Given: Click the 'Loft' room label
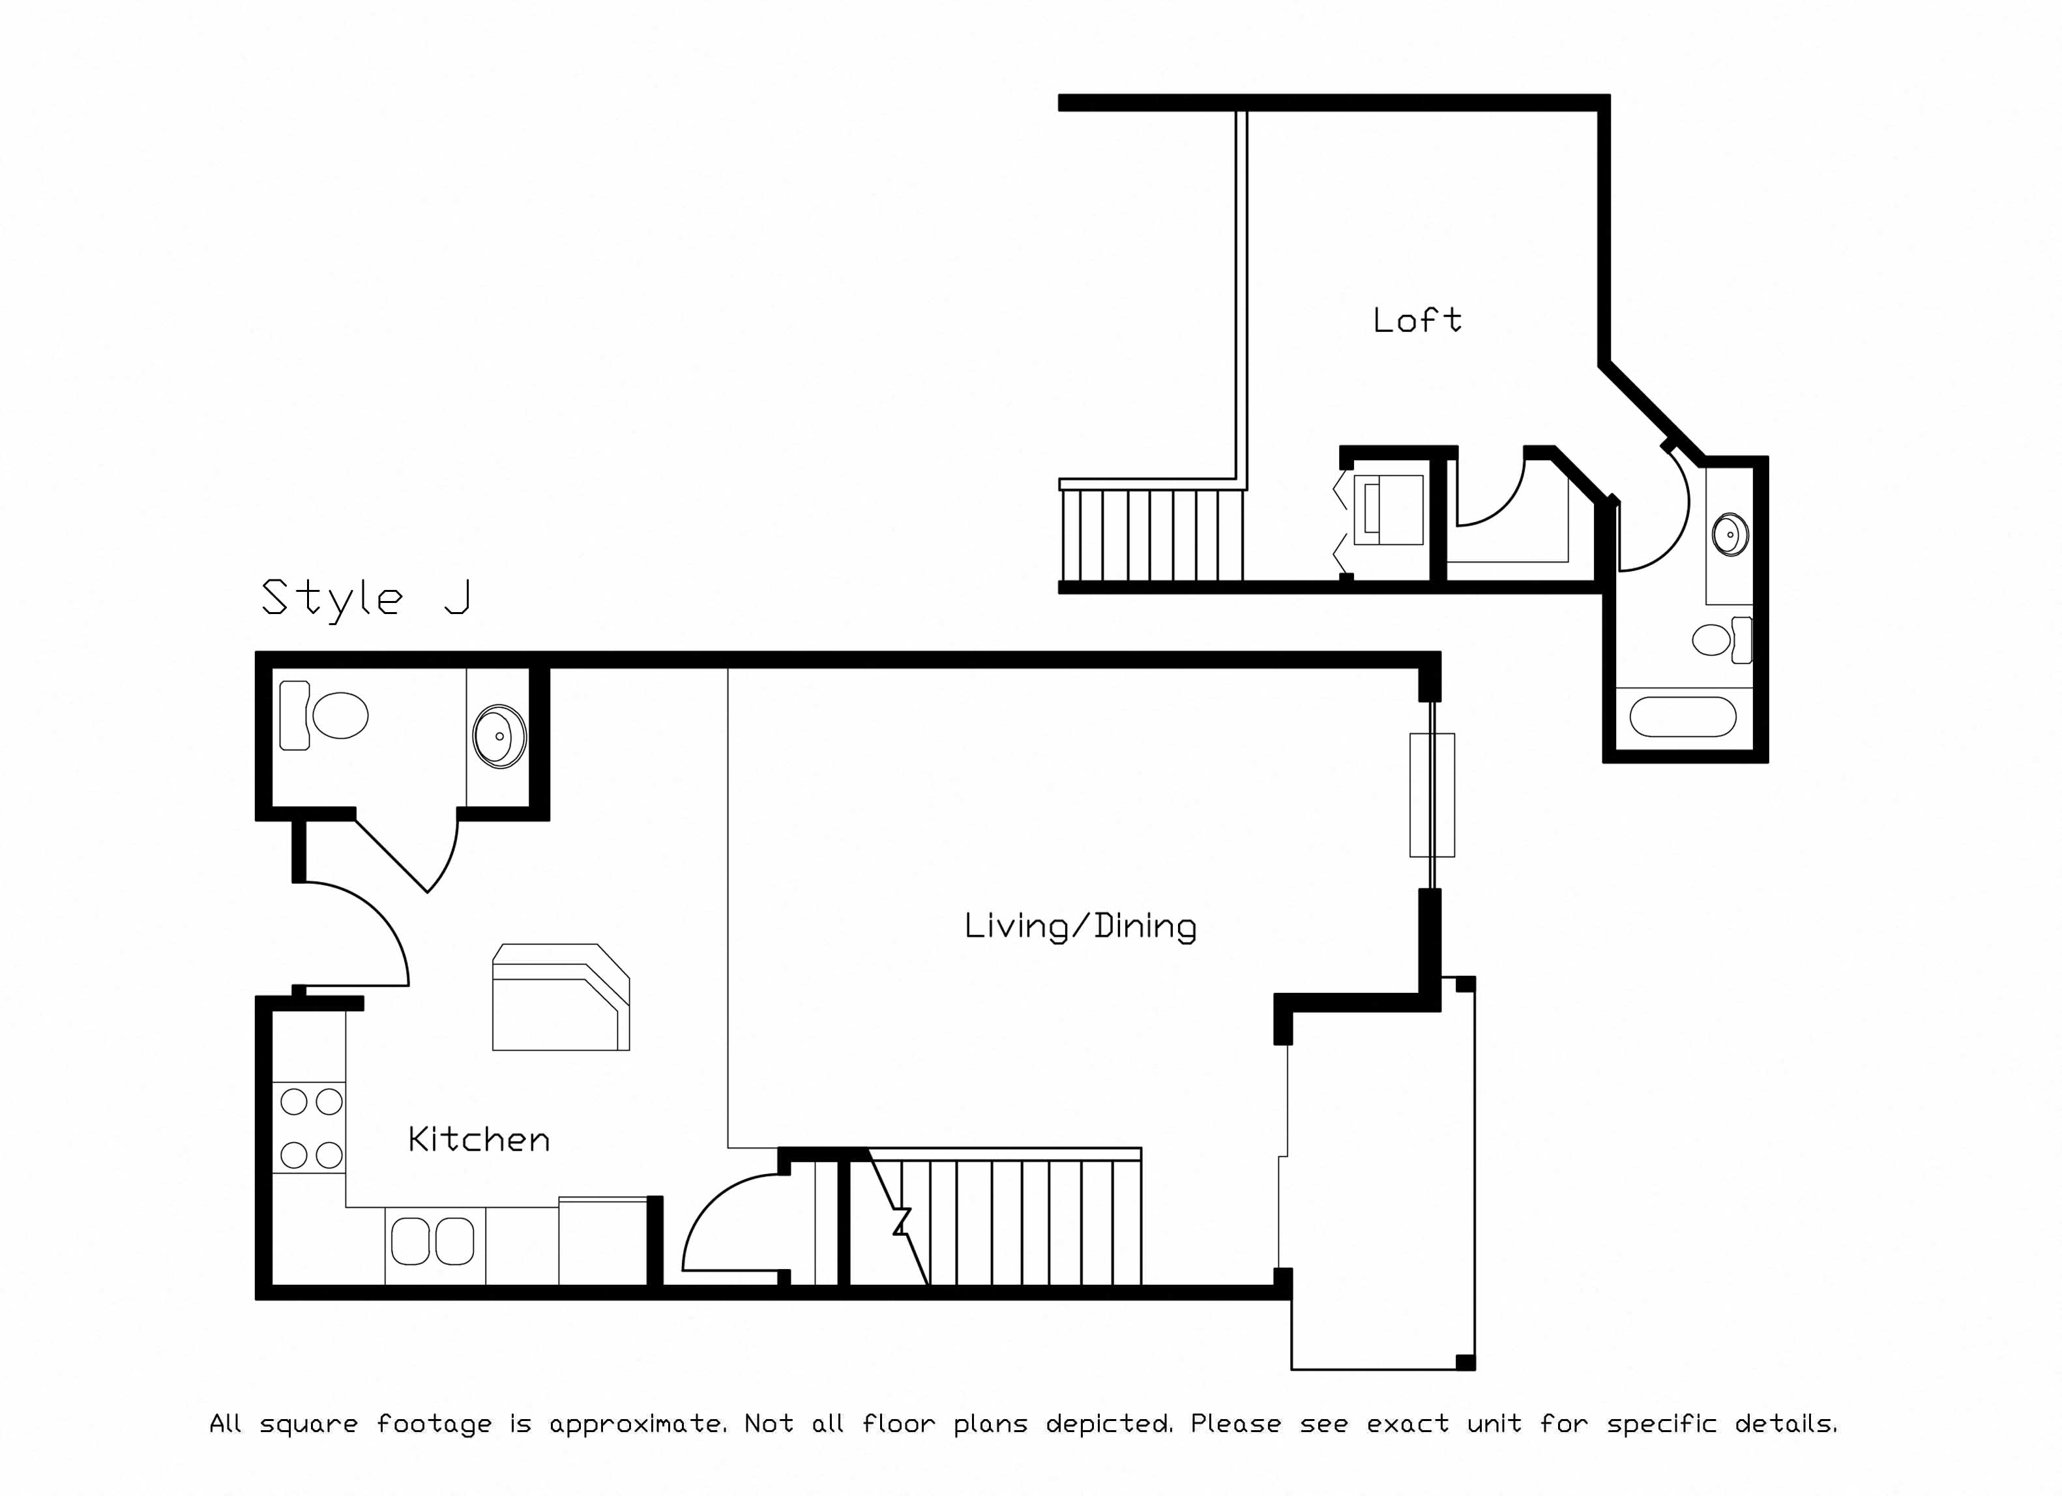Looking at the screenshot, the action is [1417, 320].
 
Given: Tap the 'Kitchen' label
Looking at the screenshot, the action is [479, 1139].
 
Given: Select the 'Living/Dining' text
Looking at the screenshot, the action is [1080, 926].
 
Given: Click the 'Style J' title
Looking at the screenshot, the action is [366, 598].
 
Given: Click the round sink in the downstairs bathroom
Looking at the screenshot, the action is [499, 735].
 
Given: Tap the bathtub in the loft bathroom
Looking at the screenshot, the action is [1683, 716].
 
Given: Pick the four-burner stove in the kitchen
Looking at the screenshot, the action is [309, 1128].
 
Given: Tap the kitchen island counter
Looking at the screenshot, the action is [561, 997].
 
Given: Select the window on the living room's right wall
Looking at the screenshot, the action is [1432, 795].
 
